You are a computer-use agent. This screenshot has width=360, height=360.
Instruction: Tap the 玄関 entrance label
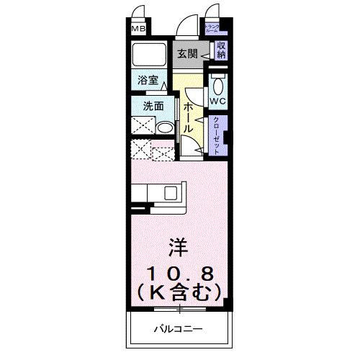(x=187, y=53)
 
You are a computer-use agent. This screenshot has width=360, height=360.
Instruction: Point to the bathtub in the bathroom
(x=150, y=55)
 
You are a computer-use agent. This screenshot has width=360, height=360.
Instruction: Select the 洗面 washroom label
(x=153, y=105)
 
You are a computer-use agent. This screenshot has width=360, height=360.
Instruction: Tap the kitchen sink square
(x=171, y=192)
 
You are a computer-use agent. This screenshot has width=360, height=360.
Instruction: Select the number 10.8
(x=179, y=274)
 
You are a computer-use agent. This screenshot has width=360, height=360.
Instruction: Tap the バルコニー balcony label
(x=178, y=330)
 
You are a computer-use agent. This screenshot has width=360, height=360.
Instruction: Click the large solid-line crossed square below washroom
(x=140, y=151)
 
